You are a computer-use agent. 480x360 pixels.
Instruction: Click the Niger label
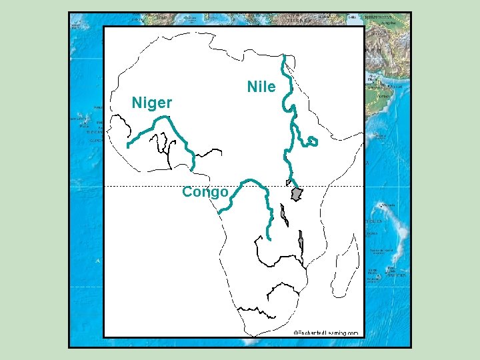tap(152, 103)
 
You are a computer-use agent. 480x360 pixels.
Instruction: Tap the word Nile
tap(261, 87)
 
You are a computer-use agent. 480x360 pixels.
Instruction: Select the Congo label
tap(205, 193)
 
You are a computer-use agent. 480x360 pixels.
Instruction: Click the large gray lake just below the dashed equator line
tap(297, 194)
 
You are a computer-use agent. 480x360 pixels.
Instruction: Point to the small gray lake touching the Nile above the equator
tap(289, 182)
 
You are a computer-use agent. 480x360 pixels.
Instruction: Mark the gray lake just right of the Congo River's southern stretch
tap(285, 215)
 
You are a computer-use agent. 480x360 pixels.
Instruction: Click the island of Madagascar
tap(345, 267)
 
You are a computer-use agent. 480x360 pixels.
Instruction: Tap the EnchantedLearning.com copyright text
tap(326, 332)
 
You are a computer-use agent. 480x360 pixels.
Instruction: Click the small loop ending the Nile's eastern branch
tap(313, 142)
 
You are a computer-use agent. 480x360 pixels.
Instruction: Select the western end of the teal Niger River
tap(127, 145)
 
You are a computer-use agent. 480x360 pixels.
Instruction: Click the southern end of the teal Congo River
tap(269, 238)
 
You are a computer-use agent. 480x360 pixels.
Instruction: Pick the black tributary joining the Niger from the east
tap(208, 154)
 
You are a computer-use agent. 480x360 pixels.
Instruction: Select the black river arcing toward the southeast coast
tap(283, 288)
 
